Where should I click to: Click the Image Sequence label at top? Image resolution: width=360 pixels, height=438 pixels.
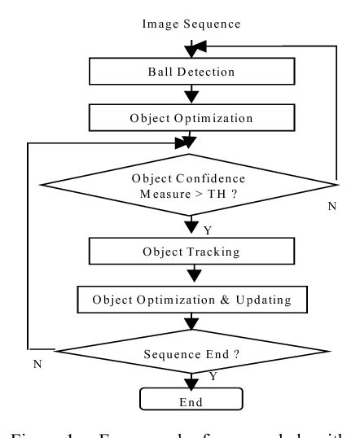pos(191,24)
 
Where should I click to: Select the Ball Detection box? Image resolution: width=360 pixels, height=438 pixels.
pos(191,72)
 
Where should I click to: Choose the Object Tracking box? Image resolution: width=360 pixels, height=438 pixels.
pos(191,252)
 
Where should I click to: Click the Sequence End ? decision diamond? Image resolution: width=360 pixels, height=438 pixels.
pos(191,353)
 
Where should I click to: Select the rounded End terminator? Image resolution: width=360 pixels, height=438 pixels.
pos(191,401)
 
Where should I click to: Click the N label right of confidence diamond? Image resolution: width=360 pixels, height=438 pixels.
pos(331,207)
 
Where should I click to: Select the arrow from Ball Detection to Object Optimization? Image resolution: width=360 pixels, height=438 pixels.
pos(191,94)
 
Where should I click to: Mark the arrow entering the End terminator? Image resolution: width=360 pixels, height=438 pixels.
pos(191,383)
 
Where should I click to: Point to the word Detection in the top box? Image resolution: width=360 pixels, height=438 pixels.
pos(209,72)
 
